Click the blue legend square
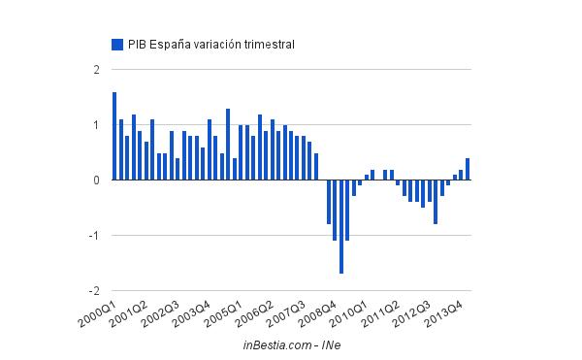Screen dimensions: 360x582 coord(117,44)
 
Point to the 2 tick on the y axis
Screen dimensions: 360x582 coord(96,70)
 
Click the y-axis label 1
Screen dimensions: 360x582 coord(96,125)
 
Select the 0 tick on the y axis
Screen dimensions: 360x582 coord(96,180)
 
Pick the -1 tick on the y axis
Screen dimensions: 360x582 coord(94,236)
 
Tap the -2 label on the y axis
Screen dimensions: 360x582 coord(94,291)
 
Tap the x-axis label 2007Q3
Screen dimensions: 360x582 coord(284,312)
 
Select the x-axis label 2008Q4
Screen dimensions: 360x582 coord(315,312)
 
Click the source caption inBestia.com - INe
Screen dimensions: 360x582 coord(291,344)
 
